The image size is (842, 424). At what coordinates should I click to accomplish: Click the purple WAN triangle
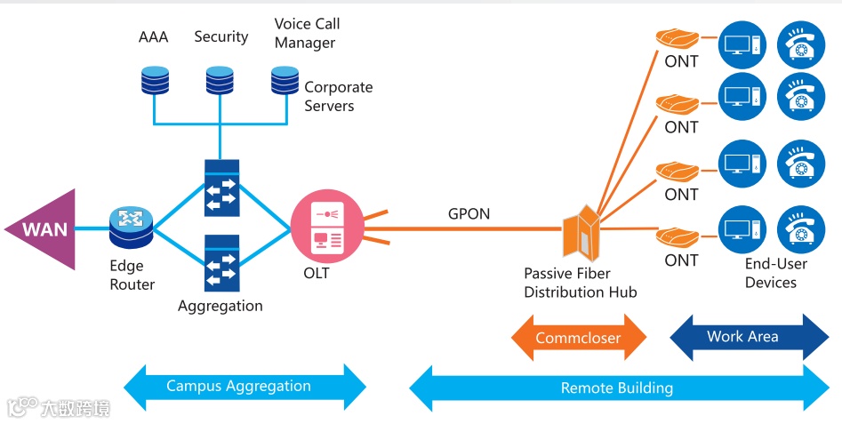49,229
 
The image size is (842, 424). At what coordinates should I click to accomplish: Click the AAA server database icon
154,81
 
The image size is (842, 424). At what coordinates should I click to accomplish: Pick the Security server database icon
219,81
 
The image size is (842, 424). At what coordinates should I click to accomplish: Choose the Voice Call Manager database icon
285,81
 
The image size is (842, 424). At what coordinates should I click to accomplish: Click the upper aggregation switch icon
221,188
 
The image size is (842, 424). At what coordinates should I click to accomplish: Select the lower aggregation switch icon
221,263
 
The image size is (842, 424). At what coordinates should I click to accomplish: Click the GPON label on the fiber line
469,213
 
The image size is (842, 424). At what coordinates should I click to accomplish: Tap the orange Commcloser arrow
579,339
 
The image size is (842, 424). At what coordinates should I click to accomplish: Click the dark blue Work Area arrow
749,337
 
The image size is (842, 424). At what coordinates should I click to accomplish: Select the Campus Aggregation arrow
245,387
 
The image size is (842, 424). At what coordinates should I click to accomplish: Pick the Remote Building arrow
618,388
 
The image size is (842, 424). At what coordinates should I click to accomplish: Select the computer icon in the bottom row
742,228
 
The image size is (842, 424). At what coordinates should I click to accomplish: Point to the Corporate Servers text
338,96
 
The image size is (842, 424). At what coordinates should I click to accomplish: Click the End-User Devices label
775,273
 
